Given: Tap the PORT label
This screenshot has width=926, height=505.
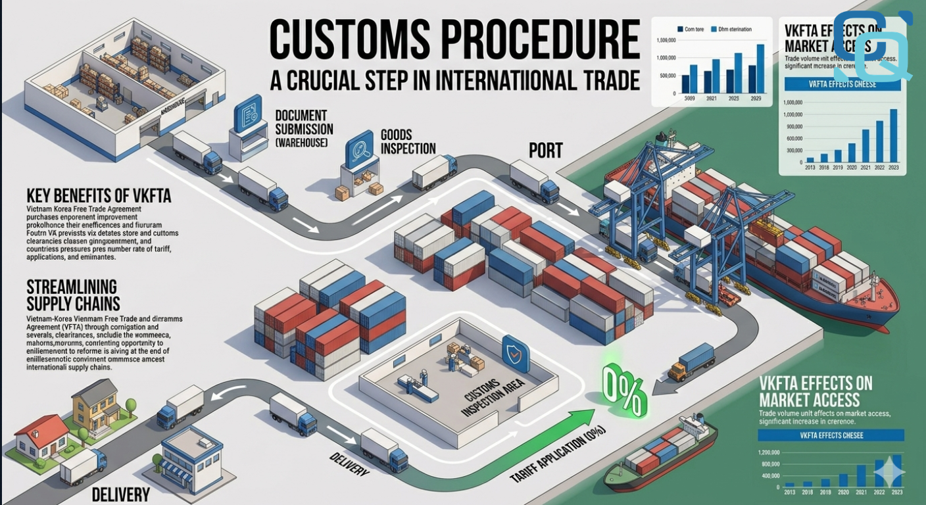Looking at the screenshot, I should tap(546, 151).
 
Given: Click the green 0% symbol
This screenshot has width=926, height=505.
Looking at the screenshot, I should tap(624, 391).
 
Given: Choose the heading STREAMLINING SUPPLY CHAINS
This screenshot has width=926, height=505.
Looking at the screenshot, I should tap(72, 295).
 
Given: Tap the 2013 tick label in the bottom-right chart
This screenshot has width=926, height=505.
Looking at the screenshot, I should tap(789, 493).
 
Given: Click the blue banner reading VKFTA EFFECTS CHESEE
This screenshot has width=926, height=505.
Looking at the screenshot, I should tap(831, 435).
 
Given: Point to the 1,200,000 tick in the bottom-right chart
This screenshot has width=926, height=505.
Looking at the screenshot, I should tap(769, 452).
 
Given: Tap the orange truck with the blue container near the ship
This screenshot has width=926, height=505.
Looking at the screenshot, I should tap(691, 362).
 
